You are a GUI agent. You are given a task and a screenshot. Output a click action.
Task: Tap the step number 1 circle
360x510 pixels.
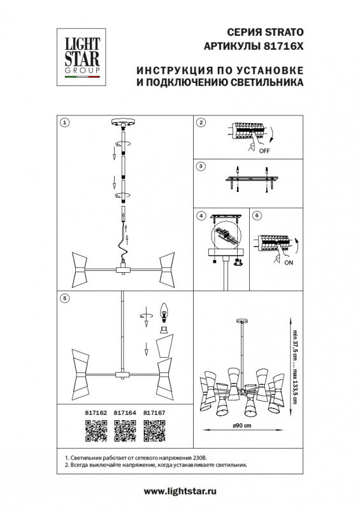[64, 122]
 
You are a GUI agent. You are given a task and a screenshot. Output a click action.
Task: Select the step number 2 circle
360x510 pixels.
[201, 122]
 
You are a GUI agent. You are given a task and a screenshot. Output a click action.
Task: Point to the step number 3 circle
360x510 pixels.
[201, 166]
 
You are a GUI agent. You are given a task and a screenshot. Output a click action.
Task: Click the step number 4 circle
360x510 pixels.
[201, 215]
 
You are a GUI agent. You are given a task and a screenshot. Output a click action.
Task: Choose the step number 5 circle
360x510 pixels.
[64, 297]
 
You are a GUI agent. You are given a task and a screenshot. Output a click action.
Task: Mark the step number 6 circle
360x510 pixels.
[256, 215]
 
